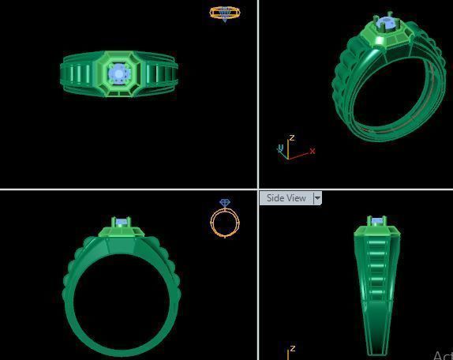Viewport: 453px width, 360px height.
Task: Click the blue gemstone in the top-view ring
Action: click(118, 73)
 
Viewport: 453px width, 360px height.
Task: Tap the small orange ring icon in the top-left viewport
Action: click(225, 13)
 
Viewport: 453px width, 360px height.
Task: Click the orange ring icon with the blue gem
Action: click(225, 219)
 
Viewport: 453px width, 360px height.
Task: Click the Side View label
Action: click(286, 198)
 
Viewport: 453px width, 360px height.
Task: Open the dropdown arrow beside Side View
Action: click(317, 198)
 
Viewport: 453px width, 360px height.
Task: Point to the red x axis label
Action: click(313, 151)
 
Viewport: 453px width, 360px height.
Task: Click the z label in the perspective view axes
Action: click(291, 137)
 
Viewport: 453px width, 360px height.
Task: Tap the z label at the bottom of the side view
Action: click(292, 348)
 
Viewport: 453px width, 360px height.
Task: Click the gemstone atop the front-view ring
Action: click(121, 223)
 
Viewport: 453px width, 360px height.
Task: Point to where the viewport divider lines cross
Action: click(258, 189)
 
